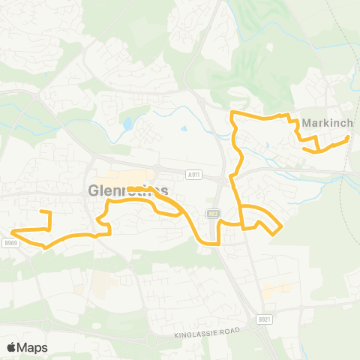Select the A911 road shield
195,174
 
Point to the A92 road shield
214,213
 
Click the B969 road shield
9,242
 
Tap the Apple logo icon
12,347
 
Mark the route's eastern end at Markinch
348,138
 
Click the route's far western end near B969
13,231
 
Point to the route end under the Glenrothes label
129,188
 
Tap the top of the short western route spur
49,213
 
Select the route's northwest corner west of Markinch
232,113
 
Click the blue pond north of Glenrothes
127,121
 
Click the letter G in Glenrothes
93,190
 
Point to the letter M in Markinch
307,122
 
